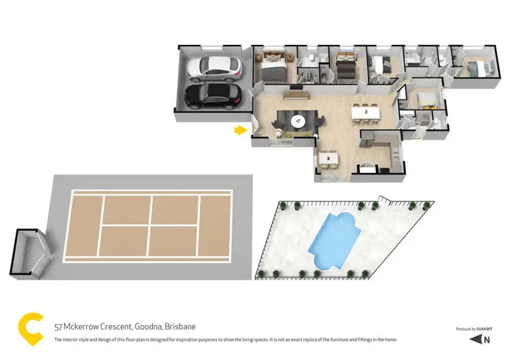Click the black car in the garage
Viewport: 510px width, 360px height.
click(212, 95)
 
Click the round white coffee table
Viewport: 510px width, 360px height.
click(297, 121)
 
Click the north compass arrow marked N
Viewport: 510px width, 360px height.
click(483, 339)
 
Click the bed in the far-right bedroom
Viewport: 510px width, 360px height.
click(474, 67)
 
